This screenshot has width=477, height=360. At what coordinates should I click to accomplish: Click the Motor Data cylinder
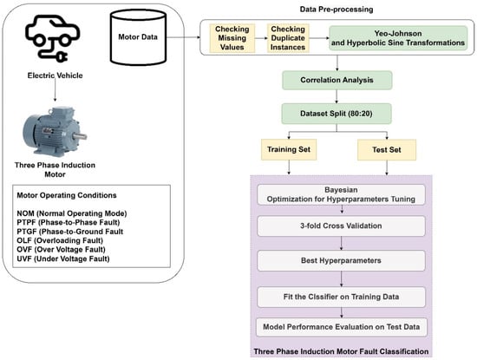138,37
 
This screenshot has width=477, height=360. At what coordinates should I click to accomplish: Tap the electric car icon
52,38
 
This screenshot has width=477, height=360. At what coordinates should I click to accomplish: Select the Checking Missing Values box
232,38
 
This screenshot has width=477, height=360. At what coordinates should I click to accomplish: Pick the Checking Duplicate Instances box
288,38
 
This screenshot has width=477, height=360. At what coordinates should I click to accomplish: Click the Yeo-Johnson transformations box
398,38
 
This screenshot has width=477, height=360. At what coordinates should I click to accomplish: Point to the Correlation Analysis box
337,80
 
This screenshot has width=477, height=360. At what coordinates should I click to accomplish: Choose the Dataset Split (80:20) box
337,114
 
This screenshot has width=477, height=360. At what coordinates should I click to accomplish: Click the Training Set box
289,149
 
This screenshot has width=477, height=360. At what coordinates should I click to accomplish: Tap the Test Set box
387,150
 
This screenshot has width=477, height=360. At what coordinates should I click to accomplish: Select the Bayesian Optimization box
341,194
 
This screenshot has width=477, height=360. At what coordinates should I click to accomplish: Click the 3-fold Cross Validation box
341,226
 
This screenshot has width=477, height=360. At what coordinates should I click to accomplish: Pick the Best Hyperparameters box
341,260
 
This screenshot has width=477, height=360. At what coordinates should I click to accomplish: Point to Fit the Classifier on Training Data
341,297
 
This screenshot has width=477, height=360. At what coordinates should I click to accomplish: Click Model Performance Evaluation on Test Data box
342,327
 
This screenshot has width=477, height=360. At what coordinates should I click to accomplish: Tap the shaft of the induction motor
81,136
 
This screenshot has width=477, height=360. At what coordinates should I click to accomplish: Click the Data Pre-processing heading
337,10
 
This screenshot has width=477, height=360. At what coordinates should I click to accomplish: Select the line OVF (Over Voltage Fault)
62,250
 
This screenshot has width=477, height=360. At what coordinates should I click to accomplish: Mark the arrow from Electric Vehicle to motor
55,91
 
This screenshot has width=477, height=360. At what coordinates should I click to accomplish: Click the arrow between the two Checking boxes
261,38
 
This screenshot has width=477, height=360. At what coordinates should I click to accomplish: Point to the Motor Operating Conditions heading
67,195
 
